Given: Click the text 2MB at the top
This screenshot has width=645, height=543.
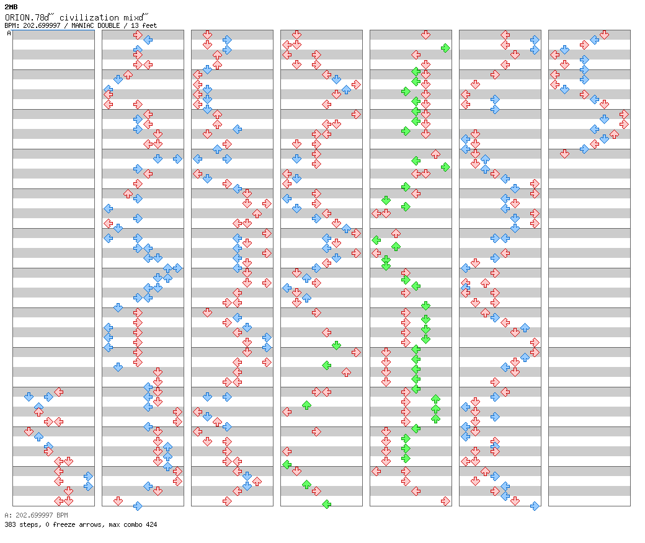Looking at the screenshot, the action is tap(11, 7).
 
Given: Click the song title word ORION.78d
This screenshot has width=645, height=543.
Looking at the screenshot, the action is tap(27, 17).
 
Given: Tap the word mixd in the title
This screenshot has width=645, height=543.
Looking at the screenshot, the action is tap(134, 17).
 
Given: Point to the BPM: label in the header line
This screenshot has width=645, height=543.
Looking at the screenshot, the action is tap(12, 25).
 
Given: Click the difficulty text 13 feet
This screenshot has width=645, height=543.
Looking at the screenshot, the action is tap(143, 25).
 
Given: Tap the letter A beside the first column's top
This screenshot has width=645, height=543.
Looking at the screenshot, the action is tap(9, 33).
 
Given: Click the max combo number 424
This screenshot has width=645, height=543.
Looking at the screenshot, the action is tap(151, 524).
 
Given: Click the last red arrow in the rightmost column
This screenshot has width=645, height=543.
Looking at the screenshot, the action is tap(564, 154).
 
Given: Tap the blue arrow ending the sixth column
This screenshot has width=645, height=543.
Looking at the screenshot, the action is tap(535, 506).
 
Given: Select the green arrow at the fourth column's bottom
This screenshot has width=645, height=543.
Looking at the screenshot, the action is tap(327, 504).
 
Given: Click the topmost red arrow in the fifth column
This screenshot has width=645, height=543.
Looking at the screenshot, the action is tap(425, 35).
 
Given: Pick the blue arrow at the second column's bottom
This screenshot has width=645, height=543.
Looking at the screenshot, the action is tap(138, 506).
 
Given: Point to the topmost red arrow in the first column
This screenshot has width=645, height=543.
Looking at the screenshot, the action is tap(59, 392).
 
